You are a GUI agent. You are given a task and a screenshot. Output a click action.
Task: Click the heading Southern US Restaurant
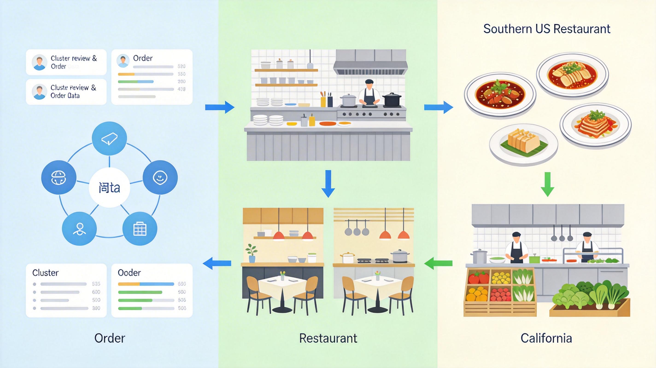547,29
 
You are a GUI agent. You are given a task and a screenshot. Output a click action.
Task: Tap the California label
546,338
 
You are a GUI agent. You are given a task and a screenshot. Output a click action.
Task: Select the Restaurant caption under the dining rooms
328,338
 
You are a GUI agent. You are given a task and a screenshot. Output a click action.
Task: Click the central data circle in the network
109,188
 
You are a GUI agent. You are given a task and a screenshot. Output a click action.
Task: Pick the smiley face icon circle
160,177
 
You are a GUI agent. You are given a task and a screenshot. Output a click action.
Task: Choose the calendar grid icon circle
140,228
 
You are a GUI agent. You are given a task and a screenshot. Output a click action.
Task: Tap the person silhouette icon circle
79,228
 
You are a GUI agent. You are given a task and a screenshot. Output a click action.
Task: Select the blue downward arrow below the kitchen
328,184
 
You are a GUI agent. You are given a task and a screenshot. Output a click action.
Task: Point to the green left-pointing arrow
438,263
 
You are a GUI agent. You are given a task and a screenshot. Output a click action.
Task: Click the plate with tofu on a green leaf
524,144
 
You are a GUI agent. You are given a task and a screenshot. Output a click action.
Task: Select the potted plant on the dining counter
252,253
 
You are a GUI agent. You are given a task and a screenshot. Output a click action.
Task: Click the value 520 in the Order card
181,66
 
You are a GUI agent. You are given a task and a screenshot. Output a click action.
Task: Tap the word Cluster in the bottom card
45,273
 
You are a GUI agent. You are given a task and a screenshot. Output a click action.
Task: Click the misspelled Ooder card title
129,273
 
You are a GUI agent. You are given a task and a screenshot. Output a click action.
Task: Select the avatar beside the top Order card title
123,61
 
